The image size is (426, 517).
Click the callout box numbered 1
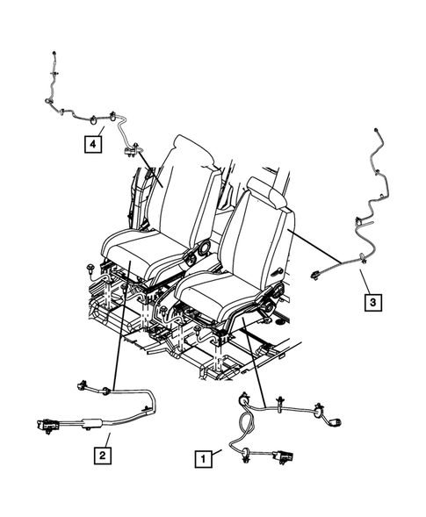click(203, 457)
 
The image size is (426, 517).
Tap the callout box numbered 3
click(373, 302)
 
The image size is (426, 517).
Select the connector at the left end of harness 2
click(47, 427)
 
